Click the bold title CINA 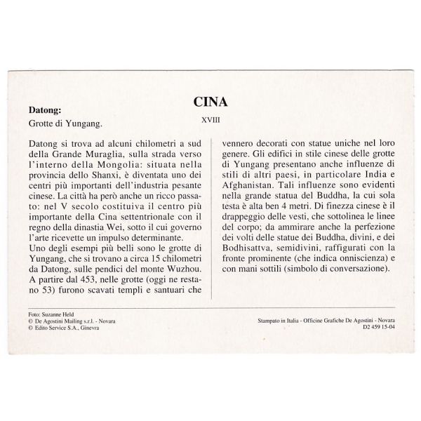(210, 102)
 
